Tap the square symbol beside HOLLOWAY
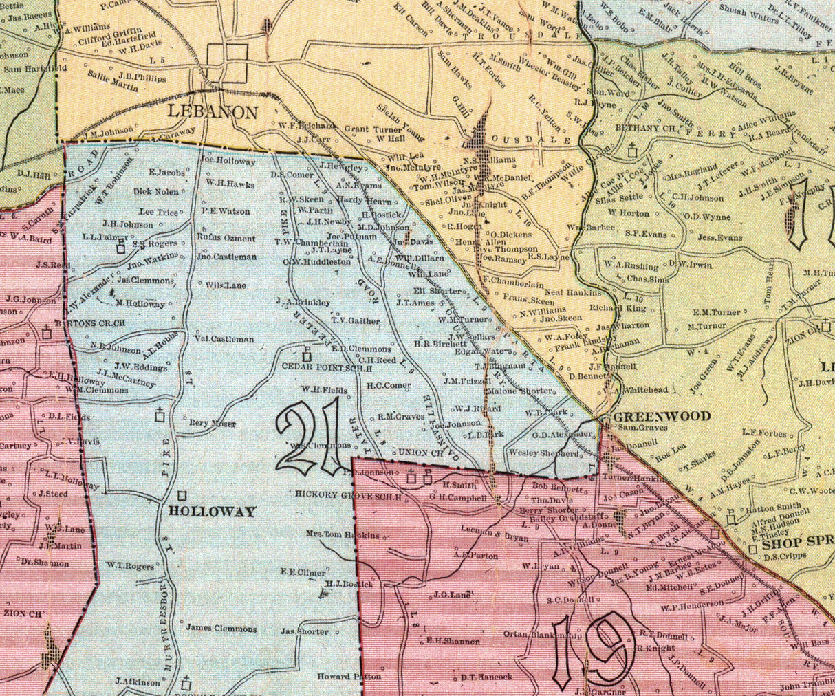click(x=182, y=495)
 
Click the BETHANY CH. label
click(x=642, y=128)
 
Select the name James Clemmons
click(x=221, y=628)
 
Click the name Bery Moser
click(x=212, y=424)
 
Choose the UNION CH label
click(x=419, y=453)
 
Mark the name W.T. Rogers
click(x=130, y=567)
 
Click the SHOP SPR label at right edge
click(x=799, y=541)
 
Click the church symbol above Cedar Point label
click(x=307, y=356)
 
